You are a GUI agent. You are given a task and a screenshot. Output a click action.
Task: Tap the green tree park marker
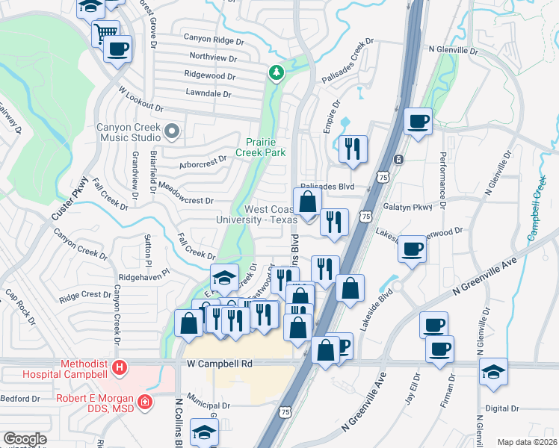click(277, 72)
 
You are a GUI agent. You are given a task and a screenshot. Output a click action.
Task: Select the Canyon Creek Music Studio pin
click(172, 132)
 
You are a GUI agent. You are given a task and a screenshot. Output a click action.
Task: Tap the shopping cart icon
click(105, 33)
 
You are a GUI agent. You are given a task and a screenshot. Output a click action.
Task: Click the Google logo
click(25, 439)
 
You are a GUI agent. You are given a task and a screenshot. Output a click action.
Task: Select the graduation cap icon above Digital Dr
click(493, 371)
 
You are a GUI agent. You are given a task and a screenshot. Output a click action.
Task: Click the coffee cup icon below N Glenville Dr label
click(418, 120)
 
